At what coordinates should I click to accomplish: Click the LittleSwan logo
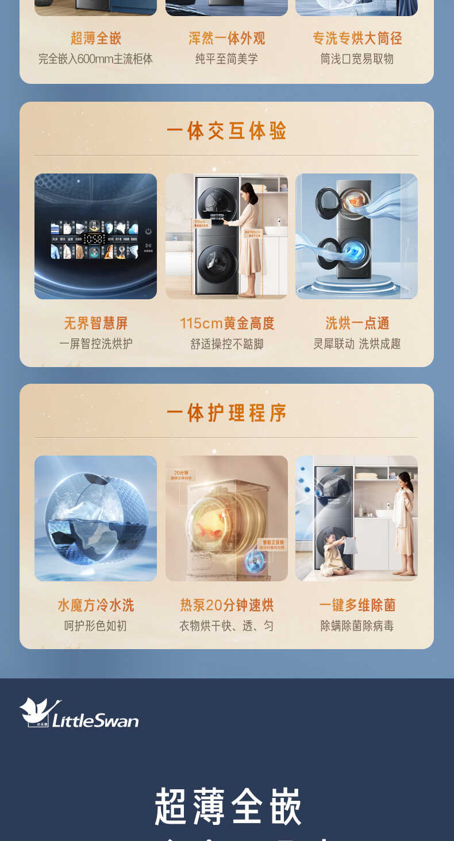click(79, 713)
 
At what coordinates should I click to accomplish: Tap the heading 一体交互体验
click(226, 131)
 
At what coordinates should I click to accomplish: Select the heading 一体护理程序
click(226, 413)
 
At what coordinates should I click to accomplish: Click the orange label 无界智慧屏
click(95, 323)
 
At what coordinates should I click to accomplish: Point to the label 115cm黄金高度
click(227, 323)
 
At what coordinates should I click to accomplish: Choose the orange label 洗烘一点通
click(357, 323)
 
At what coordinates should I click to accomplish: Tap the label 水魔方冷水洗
click(95, 605)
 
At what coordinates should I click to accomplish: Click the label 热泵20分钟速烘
click(227, 605)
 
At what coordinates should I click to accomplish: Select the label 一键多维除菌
click(357, 605)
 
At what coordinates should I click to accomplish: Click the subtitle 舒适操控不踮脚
click(227, 344)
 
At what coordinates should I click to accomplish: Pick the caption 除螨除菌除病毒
click(357, 626)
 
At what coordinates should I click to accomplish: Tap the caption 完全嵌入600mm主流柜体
click(95, 59)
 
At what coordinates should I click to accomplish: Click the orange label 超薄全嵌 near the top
click(95, 38)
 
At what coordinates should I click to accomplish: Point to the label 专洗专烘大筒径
click(357, 38)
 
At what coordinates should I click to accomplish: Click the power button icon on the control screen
click(148, 231)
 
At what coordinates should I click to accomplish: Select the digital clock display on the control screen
click(94, 238)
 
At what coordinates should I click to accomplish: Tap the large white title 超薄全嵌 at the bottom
click(228, 807)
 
